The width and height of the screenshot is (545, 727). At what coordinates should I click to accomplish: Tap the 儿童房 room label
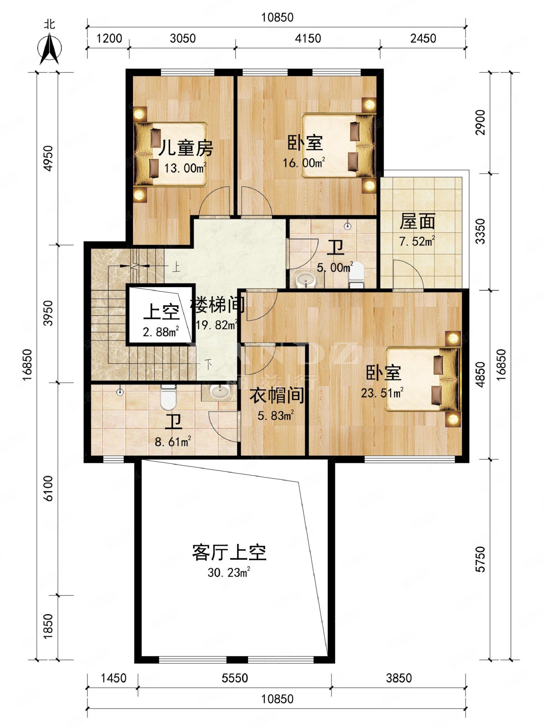186,148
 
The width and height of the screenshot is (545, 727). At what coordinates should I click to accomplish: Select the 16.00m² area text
304,162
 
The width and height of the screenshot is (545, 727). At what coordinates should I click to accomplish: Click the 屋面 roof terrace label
417,222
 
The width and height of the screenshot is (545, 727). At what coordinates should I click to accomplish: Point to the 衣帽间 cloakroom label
276,395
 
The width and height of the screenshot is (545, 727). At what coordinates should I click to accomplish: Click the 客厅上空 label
229,553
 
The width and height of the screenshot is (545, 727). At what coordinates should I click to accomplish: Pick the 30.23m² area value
229,573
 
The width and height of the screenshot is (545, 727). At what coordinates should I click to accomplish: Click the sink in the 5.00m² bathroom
305,280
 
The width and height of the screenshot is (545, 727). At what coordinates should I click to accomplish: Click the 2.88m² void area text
161,332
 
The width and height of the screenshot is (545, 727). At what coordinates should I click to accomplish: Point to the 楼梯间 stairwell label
217,305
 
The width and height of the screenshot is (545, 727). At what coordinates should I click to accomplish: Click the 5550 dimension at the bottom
235,678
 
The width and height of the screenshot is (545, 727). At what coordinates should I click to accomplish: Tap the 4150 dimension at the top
308,39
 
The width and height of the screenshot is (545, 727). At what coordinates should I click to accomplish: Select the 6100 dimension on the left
48,489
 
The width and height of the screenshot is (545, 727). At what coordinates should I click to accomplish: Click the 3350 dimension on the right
480,231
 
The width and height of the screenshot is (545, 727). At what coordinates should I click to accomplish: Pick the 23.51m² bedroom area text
382,393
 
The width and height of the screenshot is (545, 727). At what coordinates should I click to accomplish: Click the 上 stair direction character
176,268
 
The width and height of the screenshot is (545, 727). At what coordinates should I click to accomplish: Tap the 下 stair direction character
209,364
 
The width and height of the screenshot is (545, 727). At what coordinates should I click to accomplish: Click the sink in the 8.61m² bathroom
220,392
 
